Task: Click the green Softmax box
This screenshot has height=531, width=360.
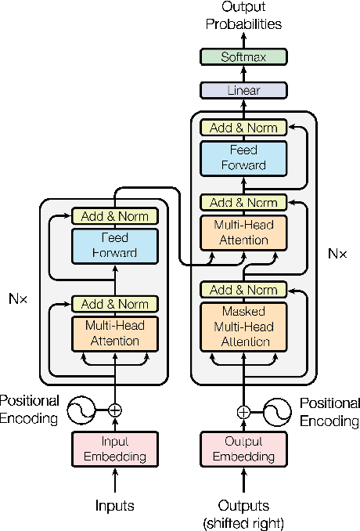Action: pos(243,56)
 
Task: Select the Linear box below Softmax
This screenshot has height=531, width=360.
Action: pos(243,91)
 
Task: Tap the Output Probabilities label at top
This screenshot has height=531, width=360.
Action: pos(243,16)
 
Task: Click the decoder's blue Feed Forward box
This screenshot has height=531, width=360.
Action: pos(243,157)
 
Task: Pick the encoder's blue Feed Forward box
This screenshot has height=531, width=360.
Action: pos(115,244)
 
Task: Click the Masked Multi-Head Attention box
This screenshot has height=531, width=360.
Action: pos(243,325)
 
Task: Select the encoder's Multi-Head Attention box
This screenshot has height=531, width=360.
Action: pos(115,332)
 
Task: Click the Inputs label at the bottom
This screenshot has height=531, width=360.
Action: pos(115,505)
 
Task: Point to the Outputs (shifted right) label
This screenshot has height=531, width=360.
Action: pos(243,512)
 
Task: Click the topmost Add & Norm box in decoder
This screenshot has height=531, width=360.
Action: pos(243,128)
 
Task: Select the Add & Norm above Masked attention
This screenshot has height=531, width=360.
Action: pos(243,290)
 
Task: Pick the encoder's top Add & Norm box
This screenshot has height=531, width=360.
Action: pos(115,215)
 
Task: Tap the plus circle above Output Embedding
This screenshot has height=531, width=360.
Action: pos(243,410)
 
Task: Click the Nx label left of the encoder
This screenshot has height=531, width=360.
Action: pos(18,298)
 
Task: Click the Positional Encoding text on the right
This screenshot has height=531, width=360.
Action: pos(329,412)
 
